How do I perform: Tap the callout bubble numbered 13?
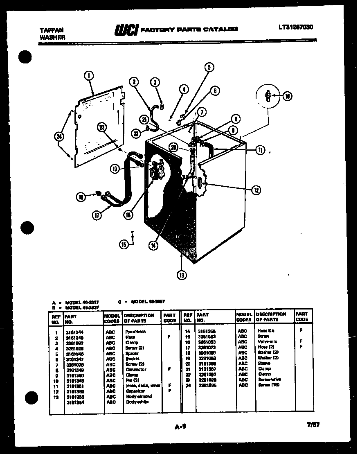(x=181, y=275)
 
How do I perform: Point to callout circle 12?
(x=256, y=190)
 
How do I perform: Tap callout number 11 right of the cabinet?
(x=260, y=150)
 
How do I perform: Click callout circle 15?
(x=124, y=245)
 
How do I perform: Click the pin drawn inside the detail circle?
(x=268, y=95)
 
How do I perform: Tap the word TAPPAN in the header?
(x=49, y=30)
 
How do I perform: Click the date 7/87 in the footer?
(x=313, y=425)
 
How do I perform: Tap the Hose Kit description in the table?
(x=266, y=331)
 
